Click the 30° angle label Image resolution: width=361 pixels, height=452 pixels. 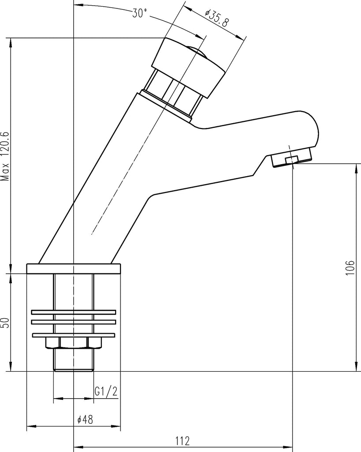(139, 13)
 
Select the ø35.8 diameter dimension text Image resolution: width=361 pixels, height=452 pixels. (217, 18)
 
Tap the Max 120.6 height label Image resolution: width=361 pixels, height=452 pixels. (5, 156)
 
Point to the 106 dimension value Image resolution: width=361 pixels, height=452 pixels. (350, 267)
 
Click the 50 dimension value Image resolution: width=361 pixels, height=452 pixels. (5, 323)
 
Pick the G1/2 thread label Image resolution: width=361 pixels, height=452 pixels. (106, 391)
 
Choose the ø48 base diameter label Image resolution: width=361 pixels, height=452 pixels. (85, 419)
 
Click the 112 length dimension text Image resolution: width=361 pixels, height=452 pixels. (183, 441)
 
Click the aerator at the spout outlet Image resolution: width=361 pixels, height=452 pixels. (292, 157)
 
